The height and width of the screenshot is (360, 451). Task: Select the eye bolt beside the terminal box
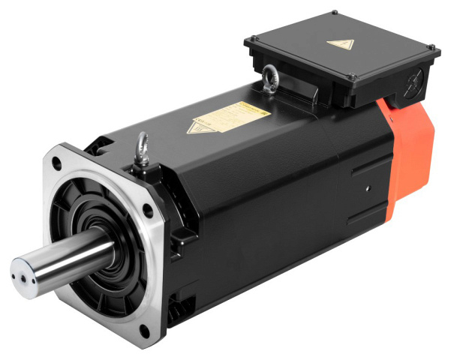(x=268, y=78)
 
